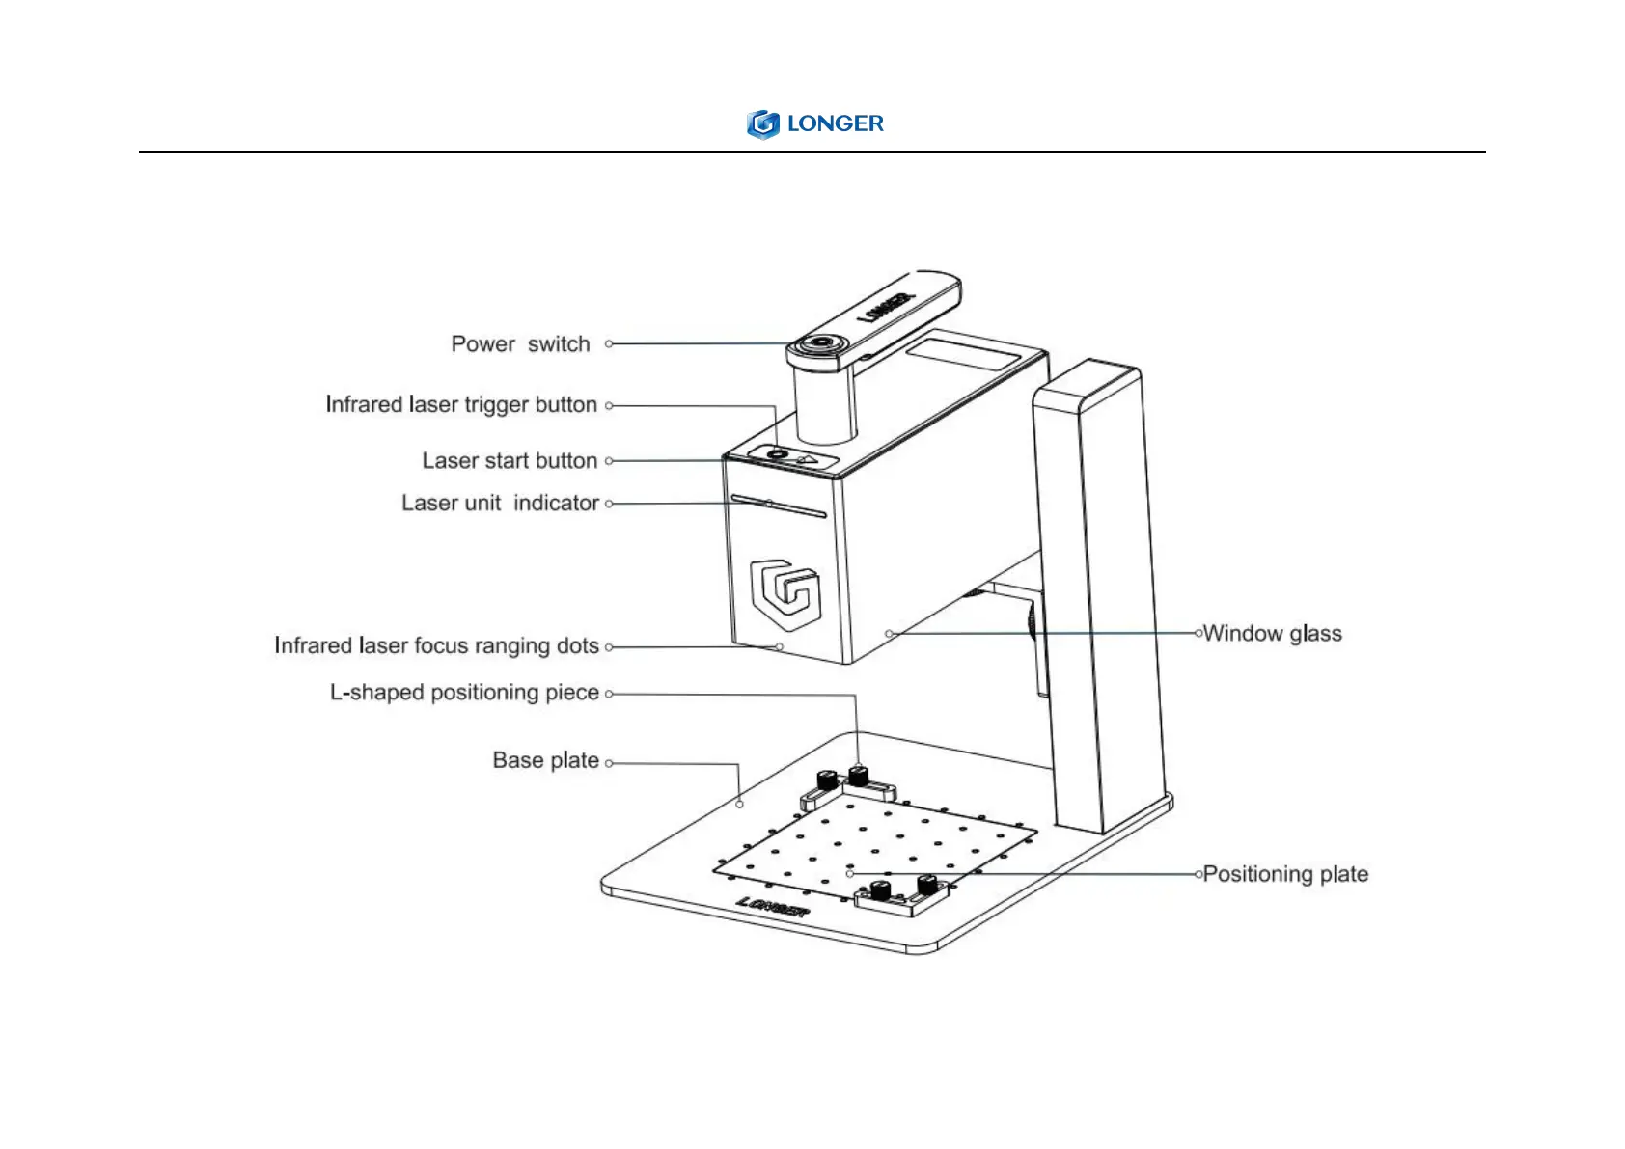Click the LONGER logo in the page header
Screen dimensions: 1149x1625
(814, 123)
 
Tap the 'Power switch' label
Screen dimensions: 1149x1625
(520, 344)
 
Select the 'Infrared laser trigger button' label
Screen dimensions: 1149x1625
(461, 404)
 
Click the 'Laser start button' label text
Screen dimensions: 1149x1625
(510, 461)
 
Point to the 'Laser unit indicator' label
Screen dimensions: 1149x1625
(500, 503)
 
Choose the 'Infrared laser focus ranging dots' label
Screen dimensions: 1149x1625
(436, 645)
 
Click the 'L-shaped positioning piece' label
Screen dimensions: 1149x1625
(464, 693)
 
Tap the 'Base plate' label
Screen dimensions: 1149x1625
(545, 760)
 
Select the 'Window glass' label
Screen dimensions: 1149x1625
(1272, 634)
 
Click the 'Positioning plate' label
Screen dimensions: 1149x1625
(1285, 874)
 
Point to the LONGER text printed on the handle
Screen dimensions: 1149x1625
(886, 308)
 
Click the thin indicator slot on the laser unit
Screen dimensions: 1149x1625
(778, 506)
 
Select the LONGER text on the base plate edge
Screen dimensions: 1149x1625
(773, 907)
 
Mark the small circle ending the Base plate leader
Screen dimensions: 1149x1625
(740, 804)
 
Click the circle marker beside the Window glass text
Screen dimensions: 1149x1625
(1198, 634)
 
